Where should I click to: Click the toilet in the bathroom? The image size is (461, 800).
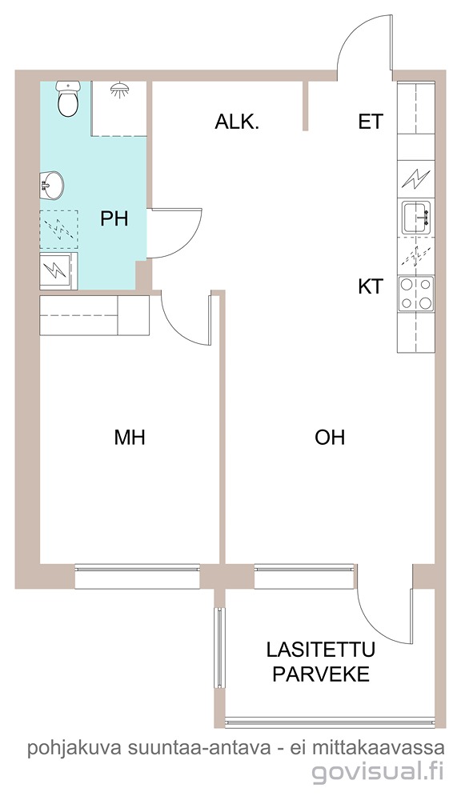[68, 98]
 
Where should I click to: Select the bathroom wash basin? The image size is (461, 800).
[52, 185]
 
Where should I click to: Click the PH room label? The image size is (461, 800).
[114, 219]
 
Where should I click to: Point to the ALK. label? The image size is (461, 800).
[237, 122]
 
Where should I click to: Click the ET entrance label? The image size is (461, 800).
[370, 122]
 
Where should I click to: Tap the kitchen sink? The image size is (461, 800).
[418, 218]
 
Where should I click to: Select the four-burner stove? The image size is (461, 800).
[416, 294]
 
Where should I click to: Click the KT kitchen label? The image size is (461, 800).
[370, 286]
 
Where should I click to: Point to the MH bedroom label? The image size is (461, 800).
[130, 438]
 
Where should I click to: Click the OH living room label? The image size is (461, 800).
[330, 438]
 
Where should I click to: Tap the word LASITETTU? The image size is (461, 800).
[321, 650]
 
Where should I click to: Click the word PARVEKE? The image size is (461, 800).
[321, 674]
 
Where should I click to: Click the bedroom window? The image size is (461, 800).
[137, 576]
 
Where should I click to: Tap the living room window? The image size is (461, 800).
[304, 576]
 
